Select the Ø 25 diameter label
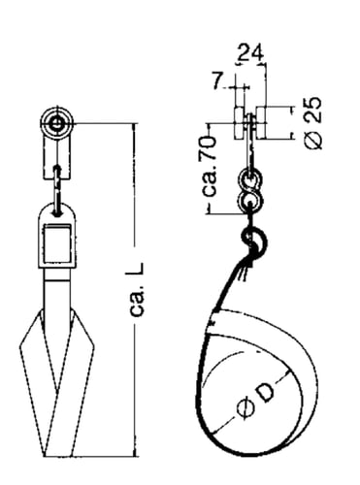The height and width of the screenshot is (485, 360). (313, 123)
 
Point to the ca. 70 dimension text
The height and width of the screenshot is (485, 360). (210, 167)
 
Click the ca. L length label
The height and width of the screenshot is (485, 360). (137, 289)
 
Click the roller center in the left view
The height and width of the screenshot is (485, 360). (57, 123)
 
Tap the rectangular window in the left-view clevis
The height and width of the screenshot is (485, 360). (57, 244)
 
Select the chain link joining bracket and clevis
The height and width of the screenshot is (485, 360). (57, 191)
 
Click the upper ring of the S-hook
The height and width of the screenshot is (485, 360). (250, 179)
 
